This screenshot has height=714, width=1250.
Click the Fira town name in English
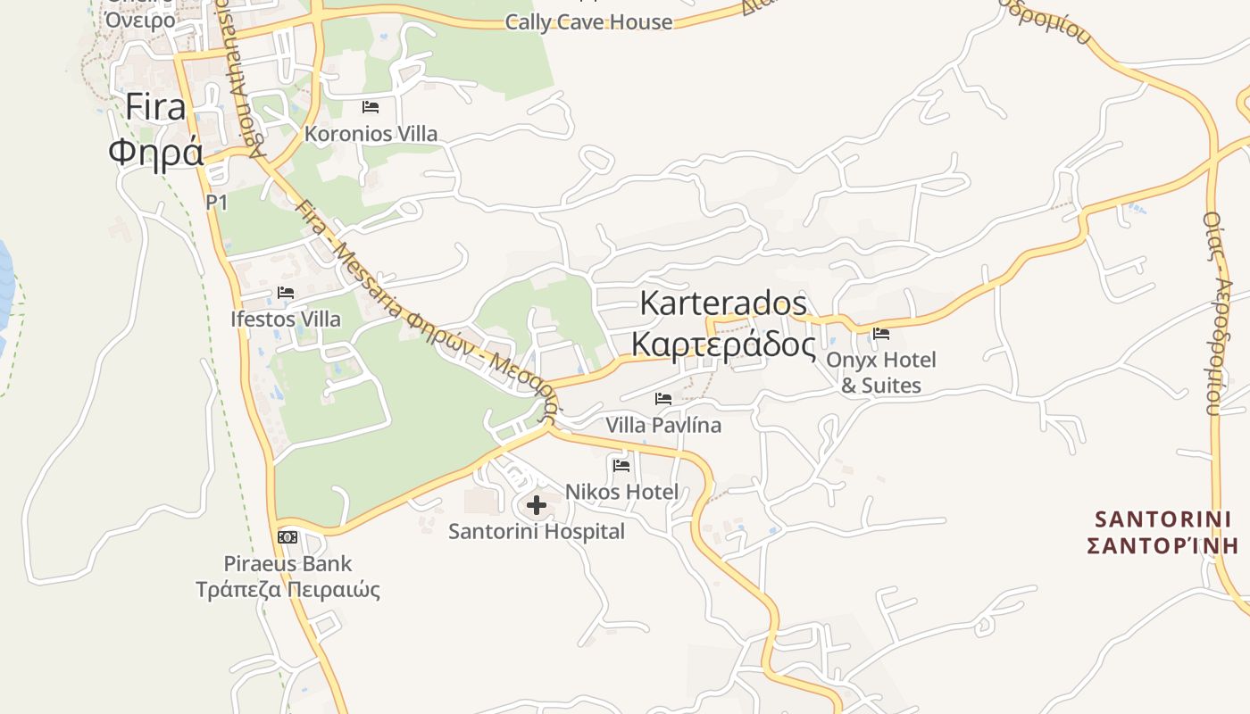(x=155, y=107)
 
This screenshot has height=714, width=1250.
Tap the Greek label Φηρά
(x=155, y=152)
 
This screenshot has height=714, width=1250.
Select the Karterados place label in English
(x=723, y=303)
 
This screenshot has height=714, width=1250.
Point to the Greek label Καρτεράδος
(x=723, y=345)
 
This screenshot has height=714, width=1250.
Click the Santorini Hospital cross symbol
(x=536, y=505)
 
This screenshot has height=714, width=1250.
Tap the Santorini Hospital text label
(x=536, y=532)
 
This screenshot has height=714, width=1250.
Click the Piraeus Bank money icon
(x=287, y=536)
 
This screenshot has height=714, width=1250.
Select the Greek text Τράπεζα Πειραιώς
(x=287, y=590)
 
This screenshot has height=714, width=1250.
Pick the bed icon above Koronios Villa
(x=371, y=107)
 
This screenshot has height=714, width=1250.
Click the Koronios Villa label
(x=371, y=134)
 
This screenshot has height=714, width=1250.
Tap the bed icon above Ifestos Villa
(x=286, y=292)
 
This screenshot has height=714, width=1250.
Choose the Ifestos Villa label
(x=286, y=319)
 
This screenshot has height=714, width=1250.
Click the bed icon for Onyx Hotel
(x=881, y=334)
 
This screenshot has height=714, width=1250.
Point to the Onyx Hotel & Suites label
(x=881, y=372)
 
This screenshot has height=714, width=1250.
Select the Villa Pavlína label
(x=663, y=425)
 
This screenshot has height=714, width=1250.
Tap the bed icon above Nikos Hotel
(x=621, y=465)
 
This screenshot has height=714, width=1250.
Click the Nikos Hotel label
(x=621, y=492)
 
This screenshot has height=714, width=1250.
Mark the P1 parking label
(x=217, y=203)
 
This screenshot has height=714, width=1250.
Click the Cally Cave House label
(x=588, y=22)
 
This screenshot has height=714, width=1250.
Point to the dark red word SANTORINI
(x=1162, y=519)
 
